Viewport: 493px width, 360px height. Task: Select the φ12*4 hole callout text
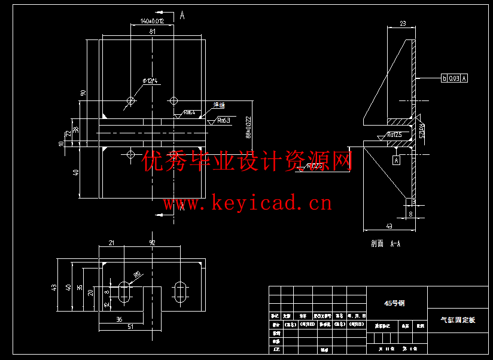[150, 81]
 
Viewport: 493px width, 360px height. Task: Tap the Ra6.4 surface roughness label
[189, 112]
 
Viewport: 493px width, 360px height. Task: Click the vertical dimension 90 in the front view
[83, 93]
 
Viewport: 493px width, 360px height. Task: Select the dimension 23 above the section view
[402, 23]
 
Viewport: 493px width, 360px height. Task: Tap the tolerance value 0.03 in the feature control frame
[454, 78]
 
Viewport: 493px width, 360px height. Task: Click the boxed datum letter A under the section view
[395, 160]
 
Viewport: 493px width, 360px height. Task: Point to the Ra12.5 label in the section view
[394, 135]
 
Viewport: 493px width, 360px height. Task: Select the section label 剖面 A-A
[386, 243]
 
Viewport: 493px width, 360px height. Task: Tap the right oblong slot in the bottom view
[180, 291]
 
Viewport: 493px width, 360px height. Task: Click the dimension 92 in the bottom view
[153, 243]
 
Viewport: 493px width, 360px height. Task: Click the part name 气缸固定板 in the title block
[458, 321]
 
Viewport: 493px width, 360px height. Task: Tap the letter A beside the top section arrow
[182, 16]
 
